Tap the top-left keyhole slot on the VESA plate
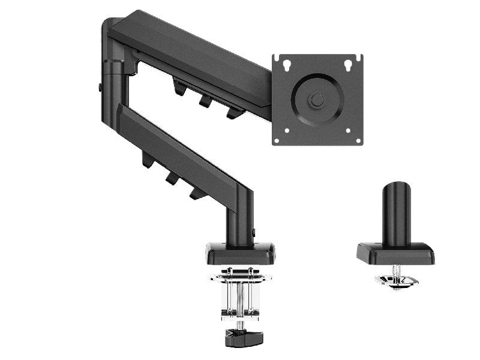tap(286, 63)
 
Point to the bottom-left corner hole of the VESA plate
tap(286, 131)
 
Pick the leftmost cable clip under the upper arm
tap(179, 87)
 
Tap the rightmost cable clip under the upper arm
tap(233, 112)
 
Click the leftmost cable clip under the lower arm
tap(146, 160)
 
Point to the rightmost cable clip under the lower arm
tap(195, 192)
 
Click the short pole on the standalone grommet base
tap(395, 214)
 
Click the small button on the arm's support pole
tap(254, 231)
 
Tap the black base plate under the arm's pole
tap(240, 254)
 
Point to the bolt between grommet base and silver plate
tap(396, 270)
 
